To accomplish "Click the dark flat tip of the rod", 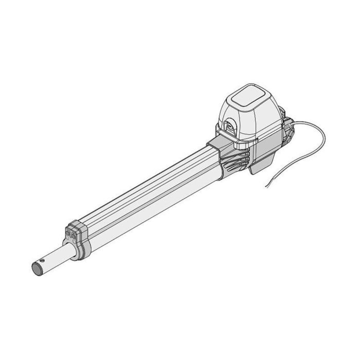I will pyautogui.click(x=37, y=268).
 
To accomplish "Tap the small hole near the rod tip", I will pyautogui.click(x=45, y=260).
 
